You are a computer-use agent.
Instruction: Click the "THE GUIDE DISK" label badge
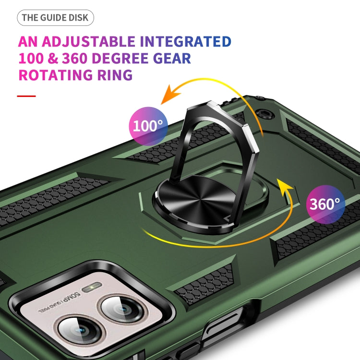[56, 18]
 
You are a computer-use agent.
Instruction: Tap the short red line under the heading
[26, 96]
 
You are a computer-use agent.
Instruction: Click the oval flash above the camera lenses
[89, 289]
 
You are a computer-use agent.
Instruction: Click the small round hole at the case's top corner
[263, 114]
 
